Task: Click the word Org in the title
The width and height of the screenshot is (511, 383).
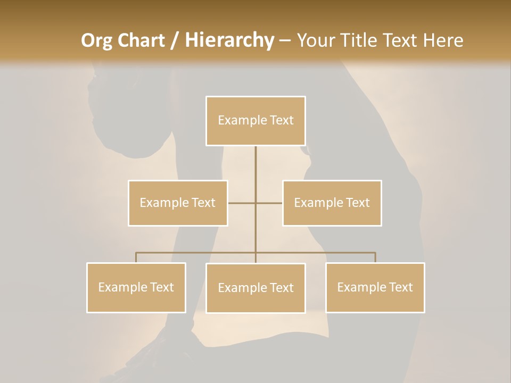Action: click(x=96, y=40)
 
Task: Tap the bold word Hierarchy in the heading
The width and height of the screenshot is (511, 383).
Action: click(x=229, y=40)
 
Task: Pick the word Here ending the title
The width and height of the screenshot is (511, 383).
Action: click(x=443, y=40)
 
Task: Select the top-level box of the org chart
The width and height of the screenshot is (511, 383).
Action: click(x=256, y=121)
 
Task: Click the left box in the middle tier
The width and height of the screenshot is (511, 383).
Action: click(x=178, y=203)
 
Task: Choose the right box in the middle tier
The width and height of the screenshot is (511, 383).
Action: click(x=332, y=203)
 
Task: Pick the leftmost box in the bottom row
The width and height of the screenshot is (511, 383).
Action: click(x=136, y=287)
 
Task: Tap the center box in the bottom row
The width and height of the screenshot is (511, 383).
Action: click(x=256, y=288)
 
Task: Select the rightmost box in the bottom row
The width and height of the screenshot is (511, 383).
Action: click(x=375, y=287)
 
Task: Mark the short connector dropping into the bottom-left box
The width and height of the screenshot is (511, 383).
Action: click(x=136, y=257)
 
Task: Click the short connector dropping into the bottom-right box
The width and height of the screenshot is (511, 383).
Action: click(x=375, y=257)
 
